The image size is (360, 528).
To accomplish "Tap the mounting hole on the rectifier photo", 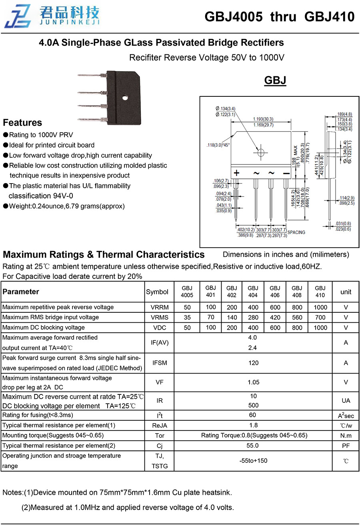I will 124,97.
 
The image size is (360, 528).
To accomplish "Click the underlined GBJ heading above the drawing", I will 275,80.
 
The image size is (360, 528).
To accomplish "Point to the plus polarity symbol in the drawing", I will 237,173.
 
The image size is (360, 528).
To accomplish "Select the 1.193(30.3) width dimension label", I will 263,119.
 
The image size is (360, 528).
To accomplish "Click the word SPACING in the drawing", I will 296,232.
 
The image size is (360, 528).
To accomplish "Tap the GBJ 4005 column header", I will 187,292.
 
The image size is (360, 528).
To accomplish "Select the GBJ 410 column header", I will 320,292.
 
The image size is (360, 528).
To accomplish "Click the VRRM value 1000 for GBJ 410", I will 320,307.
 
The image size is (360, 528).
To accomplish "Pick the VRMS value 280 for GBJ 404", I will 253,317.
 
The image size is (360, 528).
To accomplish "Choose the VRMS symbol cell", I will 159,317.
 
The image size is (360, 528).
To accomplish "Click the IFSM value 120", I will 253,363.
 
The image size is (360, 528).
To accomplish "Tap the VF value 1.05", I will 253,382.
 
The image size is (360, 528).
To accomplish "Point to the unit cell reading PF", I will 346,446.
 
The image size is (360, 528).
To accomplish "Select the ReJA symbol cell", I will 159,426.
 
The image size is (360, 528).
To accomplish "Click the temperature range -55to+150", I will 253,460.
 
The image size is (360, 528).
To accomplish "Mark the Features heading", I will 22,123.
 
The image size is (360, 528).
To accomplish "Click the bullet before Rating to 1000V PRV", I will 6,135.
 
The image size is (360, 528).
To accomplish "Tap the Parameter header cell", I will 21,292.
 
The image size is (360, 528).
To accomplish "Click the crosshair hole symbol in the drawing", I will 260,152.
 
